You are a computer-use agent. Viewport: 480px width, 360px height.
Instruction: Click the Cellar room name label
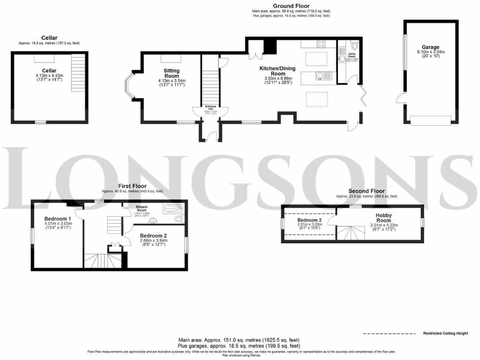click(49, 71)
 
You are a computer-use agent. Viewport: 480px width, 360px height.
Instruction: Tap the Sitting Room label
click(172, 73)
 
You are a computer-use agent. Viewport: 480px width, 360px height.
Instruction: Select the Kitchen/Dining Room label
click(279, 71)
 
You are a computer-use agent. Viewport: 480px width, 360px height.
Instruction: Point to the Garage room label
click(430, 47)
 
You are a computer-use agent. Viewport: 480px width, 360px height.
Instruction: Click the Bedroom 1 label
click(58, 219)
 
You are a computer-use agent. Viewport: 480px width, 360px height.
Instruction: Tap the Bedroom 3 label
click(309, 220)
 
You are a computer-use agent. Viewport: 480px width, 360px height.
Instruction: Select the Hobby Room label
click(383, 217)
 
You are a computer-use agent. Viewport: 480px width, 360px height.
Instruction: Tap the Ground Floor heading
click(291, 6)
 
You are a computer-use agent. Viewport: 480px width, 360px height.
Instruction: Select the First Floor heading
click(133, 186)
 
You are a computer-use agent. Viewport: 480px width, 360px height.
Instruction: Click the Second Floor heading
click(366, 191)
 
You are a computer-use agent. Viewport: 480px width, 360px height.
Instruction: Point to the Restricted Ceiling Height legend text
click(445, 333)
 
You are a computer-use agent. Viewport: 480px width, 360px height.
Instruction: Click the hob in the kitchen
click(322, 44)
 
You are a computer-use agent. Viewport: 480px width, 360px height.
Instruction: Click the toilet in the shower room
click(178, 219)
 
